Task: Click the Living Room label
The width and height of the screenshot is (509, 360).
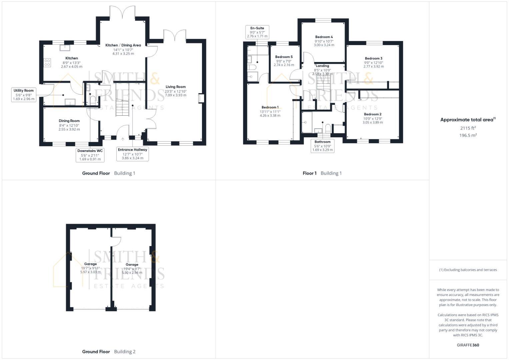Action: click(x=175, y=87)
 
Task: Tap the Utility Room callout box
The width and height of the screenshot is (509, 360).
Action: click(x=24, y=95)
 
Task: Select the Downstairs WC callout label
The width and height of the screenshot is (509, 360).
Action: click(x=90, y=155)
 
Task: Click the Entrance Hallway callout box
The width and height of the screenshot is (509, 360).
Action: click(x=132, y=154)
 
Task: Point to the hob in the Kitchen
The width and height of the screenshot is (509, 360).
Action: click(x=47, y=62)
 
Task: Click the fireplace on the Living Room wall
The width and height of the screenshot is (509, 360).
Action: click(x=201, y=99)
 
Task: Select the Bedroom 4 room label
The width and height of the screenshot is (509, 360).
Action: click(x=324, y=37)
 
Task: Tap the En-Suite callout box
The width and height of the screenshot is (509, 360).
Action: click(x=257, y=32)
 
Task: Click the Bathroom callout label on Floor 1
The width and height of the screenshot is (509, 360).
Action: click(x=322, y=146)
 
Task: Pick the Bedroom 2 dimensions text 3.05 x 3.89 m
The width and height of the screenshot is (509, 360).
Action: click(x=373, y=123)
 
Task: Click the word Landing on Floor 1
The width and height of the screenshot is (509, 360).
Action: click(x=322, y=66)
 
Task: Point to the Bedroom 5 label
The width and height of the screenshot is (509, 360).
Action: click(x=284, y=57)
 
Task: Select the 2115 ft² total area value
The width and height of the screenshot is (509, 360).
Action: click(x=468, y=128)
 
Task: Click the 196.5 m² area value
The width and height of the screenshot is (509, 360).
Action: click(x=468, y=135)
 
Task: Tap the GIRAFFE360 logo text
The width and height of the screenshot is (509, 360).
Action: click(x=468, y=345)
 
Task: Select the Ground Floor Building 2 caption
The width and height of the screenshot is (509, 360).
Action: click(x=109, y=352)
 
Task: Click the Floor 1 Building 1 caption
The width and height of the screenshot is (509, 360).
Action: click(x=322, y=173)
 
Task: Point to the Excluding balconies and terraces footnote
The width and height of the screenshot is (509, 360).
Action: click(x=468, y=270)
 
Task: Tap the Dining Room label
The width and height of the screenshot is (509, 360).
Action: click(x=69, y=121)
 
